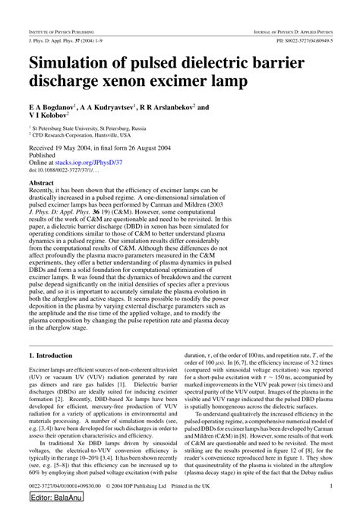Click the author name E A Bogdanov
pos(54,109)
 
